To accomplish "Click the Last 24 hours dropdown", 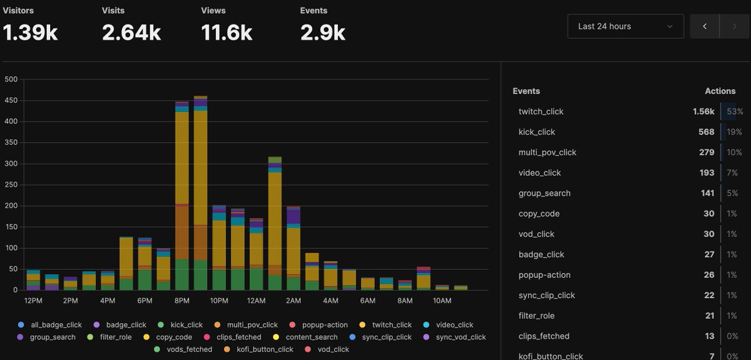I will (625, 26).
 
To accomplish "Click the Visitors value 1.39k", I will (30, 33).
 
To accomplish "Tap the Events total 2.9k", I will (322, 33).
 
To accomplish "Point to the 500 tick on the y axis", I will (11, 80).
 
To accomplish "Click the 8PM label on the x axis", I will (182, 301).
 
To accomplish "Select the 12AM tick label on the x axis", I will (256, 301).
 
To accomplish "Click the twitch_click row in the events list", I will (541, 111).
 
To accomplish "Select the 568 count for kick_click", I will (706, 132).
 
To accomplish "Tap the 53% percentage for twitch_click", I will (734, 111).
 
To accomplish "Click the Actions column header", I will (720, 91).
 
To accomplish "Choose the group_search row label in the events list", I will (544, 193).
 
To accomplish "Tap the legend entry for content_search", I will (311, 337).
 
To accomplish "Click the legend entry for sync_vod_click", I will (461, 337).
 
